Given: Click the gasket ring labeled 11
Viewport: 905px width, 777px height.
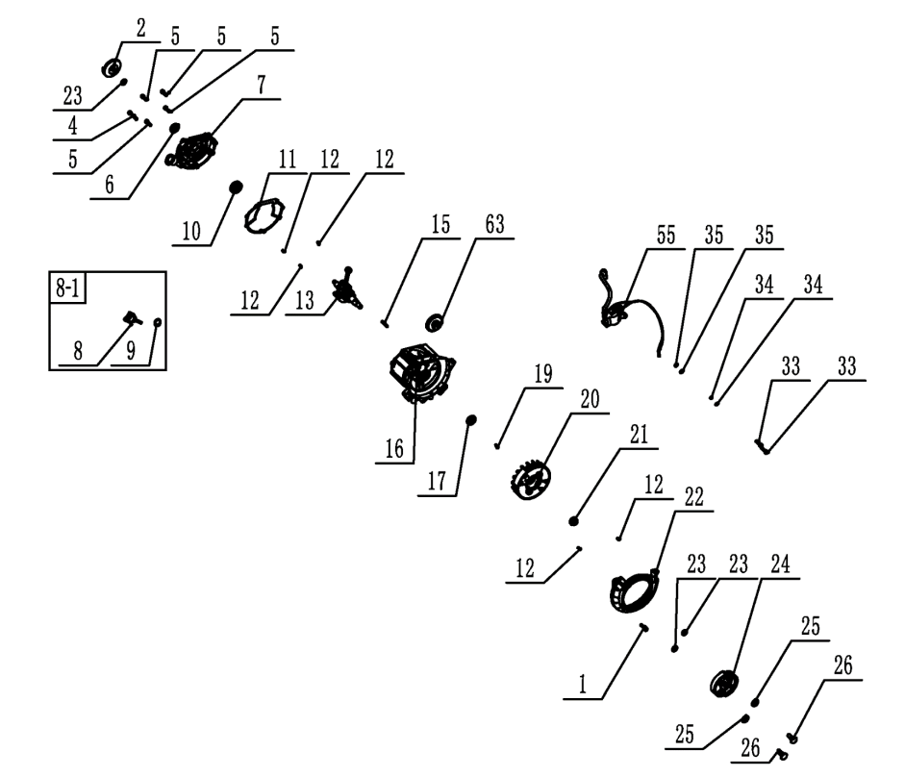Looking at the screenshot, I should click(x=264, y=215).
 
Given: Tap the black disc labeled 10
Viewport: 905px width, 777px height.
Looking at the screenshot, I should click(x=235, y=188).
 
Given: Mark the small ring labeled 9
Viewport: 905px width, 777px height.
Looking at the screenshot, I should click(x=156, y=323).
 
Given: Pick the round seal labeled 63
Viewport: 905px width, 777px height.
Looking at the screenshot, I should click(x=435, y=320).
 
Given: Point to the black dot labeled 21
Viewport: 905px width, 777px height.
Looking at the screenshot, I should click(x=573, y=520).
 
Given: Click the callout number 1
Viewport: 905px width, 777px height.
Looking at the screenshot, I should click(x=582, y=685).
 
